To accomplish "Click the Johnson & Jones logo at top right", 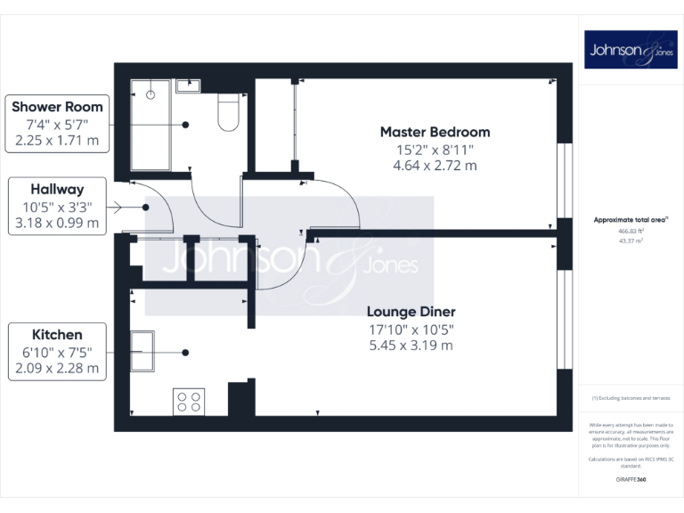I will pos(631,50).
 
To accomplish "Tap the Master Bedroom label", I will pos(435,132).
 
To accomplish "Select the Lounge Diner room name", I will pos(411,312).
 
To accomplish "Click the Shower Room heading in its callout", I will pos(57,107).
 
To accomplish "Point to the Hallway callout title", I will pos(57,189).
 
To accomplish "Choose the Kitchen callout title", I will pos(57,334).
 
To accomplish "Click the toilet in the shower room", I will pos(228,114).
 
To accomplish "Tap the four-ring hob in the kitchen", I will pos(188,402).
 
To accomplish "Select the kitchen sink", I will pos(142,350).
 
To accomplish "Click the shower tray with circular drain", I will pos(151,125).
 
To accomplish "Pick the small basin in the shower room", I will pos(188,85).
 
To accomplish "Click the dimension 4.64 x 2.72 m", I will pos(435,165).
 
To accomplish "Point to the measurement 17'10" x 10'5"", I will pos(411,329).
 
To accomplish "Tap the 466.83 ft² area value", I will pos(631,230).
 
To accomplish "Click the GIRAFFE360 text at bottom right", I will pos(631,479).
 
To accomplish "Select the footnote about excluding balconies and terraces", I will pos(631,398).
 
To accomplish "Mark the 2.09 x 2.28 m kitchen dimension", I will pos(57,368).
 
